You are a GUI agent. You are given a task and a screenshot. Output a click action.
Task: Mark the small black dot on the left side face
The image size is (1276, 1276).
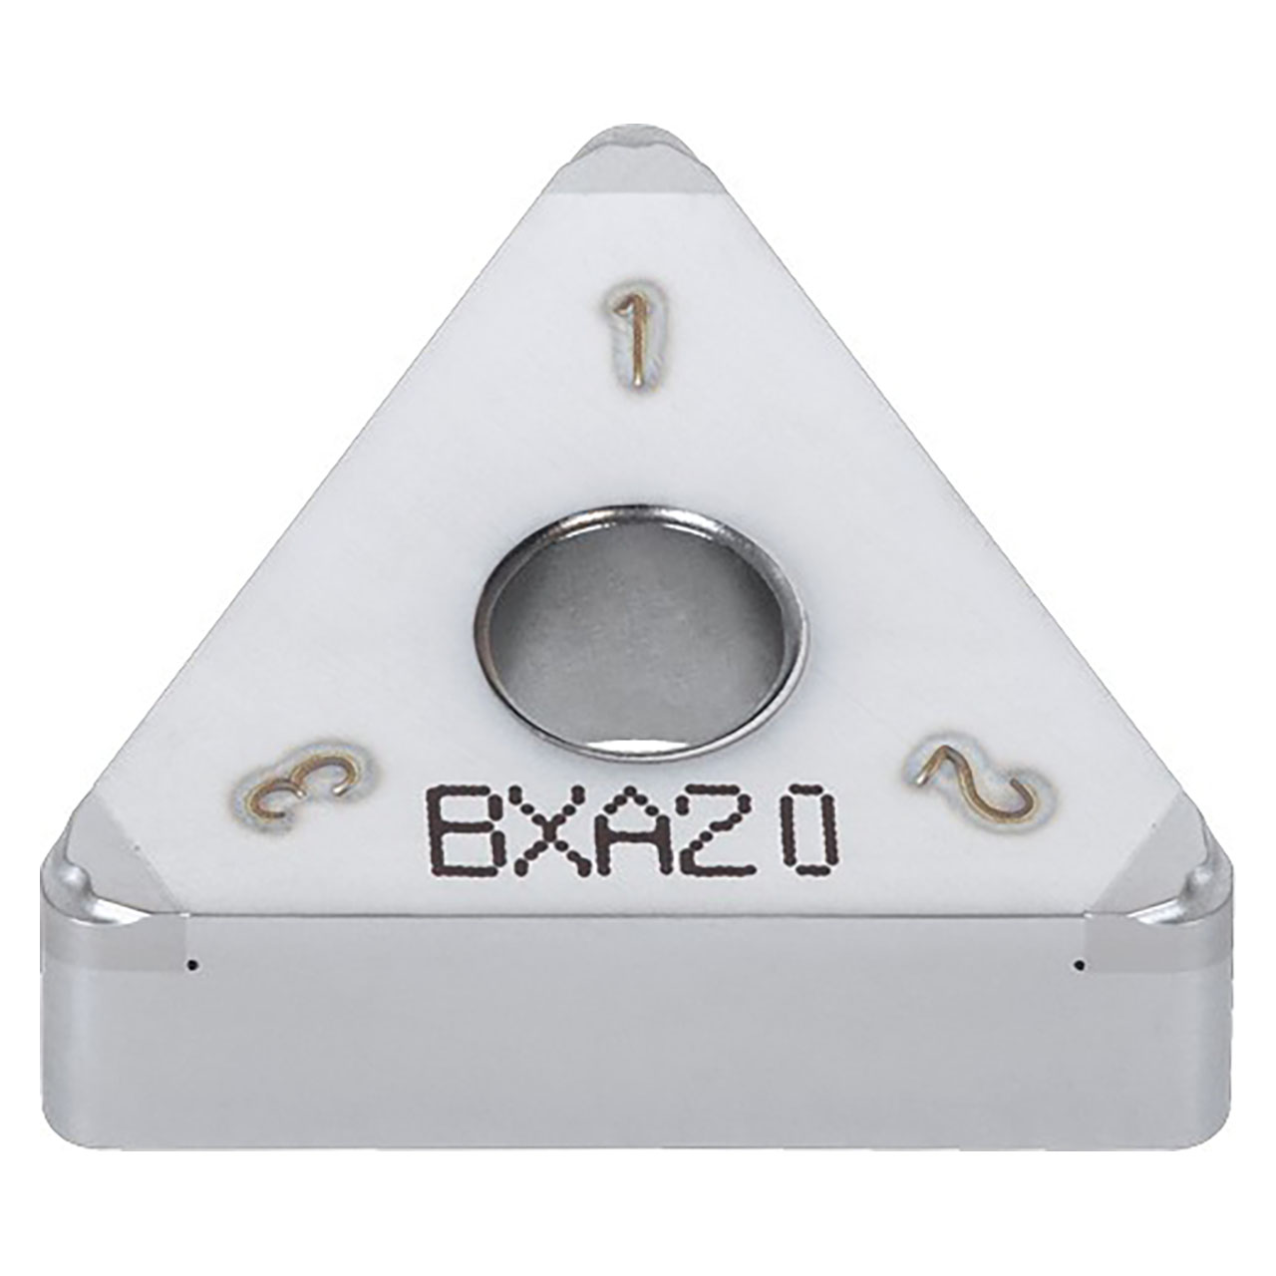pyautogui.click(x=197, y=964)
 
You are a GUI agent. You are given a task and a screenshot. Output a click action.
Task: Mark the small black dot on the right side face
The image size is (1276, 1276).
pyautogui.click(x=1080, y=964)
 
